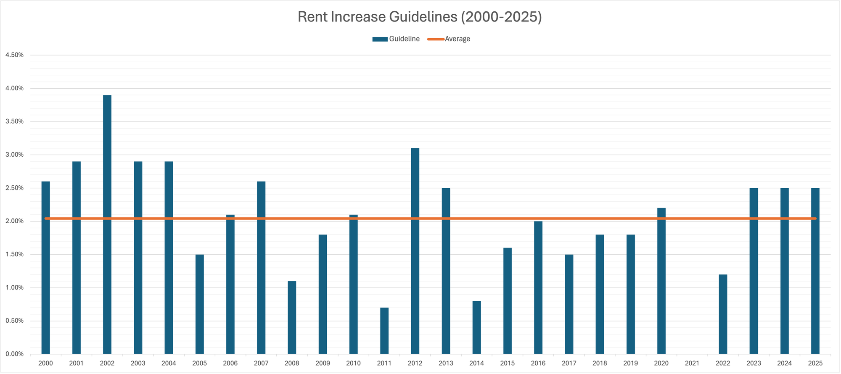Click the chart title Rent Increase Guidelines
tap(420, 17)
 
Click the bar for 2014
tap(476, 327)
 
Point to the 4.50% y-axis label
tap(14, 55)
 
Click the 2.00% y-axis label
tap(14, 221)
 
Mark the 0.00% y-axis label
tap(14, 354)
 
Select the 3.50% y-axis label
tap(14, 121)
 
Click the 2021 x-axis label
tap(692, 363)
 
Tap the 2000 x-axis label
tap(45, 363)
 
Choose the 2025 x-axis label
tap(815, 363)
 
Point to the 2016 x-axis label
tap(538, 363)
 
